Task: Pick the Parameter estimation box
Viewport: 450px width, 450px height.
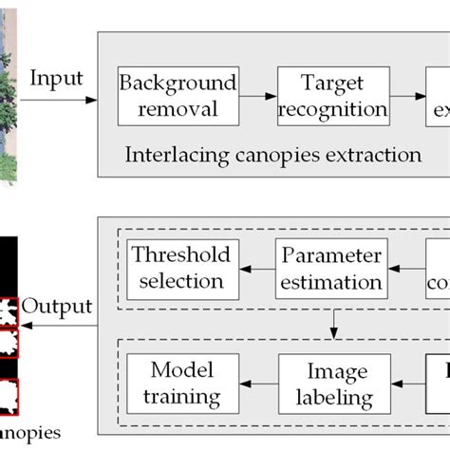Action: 329,269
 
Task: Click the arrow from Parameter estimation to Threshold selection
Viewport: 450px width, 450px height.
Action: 253,270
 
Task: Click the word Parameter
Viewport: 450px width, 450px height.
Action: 329,256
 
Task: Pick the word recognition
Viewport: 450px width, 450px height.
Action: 328,109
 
